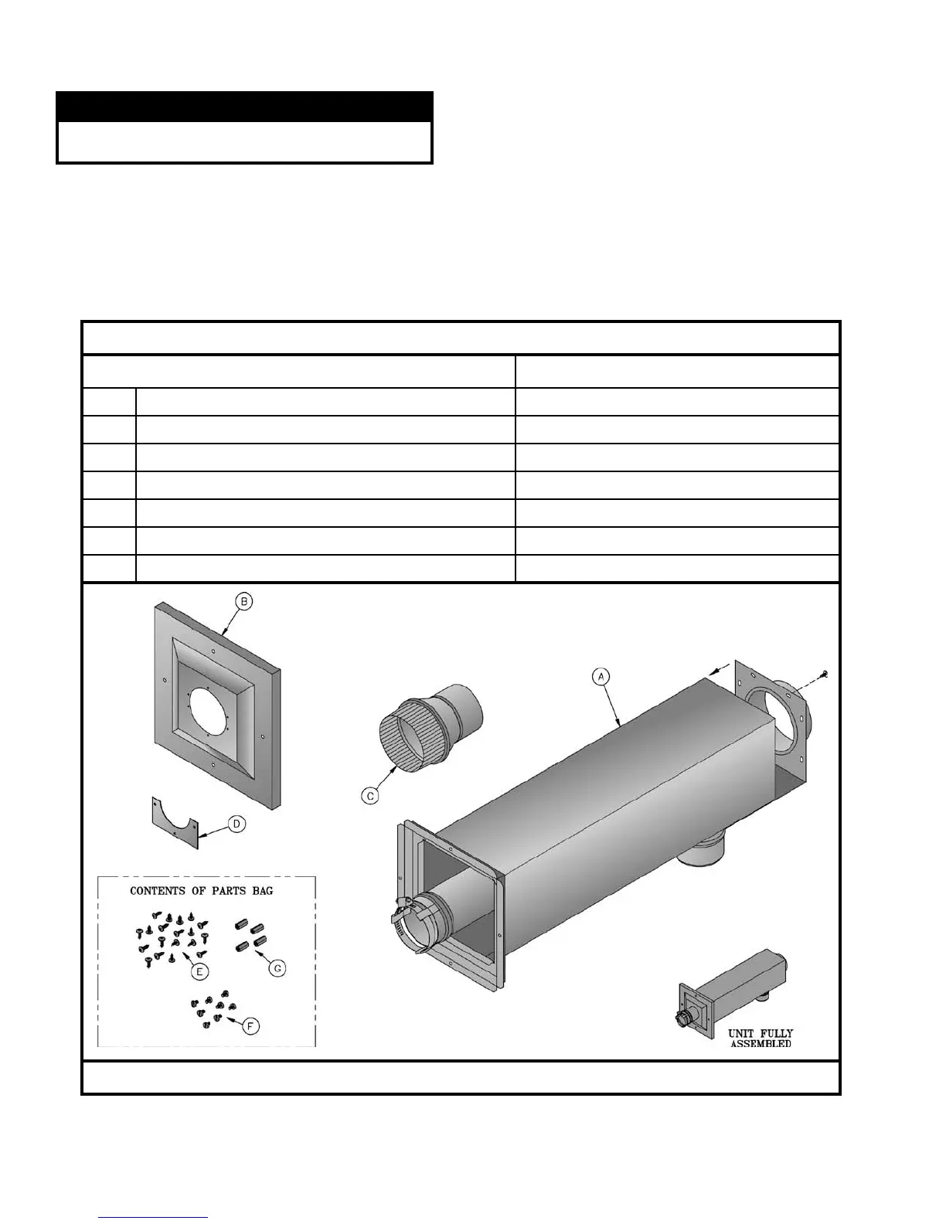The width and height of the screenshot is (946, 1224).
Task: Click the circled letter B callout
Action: tap(244, 602)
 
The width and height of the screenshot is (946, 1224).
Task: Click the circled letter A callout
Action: tap(601, 676)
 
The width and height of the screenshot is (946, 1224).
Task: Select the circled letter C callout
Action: tap(370, 796)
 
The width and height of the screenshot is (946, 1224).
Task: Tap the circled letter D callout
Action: tap(236, 824)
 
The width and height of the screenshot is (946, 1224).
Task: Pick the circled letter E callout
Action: tap(199, 971)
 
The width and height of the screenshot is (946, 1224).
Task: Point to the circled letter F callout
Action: tap(250, 1026)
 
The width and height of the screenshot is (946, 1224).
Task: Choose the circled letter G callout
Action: tap(277, 968)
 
